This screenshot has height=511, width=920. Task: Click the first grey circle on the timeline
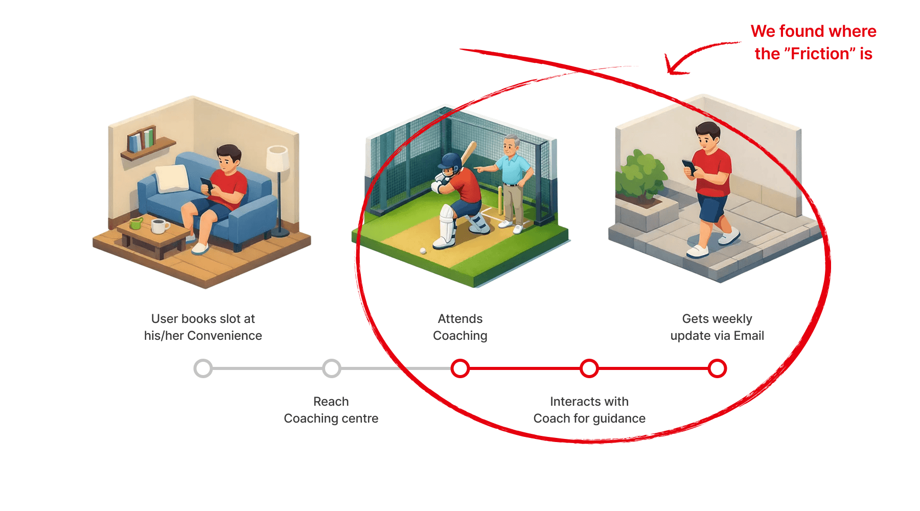203,368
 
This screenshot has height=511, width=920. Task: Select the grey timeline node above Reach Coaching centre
332,368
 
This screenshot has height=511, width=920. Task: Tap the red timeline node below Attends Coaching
460,368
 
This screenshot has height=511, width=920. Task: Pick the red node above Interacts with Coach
589,368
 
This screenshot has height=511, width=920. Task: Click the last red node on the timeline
718,368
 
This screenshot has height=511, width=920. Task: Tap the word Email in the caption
749,336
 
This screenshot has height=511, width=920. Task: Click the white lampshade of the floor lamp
278,158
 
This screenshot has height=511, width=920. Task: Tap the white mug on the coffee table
159,225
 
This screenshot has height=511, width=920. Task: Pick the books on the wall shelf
141,140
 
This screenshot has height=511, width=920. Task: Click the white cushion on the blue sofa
172,178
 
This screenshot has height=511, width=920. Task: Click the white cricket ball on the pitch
423,250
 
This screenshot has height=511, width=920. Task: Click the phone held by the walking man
689,167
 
